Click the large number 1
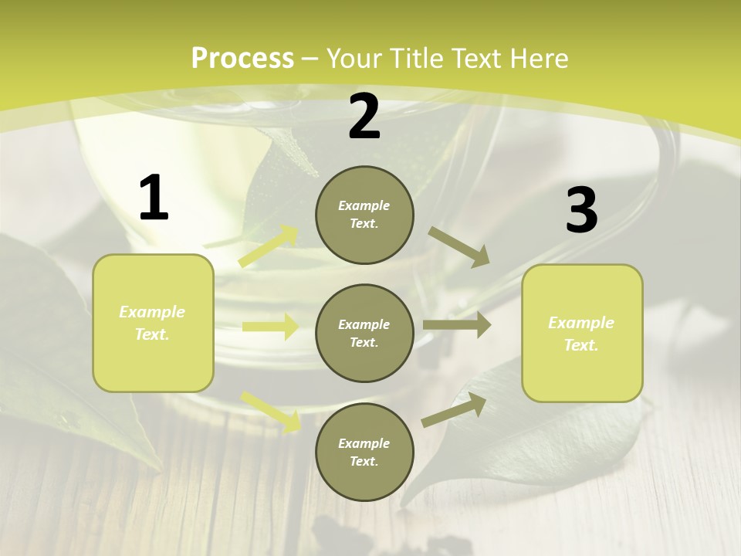point(154,198)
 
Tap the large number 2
point(364,117)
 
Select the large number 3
point(581,210)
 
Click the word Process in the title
point(242,58)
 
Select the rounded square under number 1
point(153,324)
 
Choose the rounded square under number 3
point(582,334)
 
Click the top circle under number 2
point(364,215)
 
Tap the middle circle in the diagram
point(364,333)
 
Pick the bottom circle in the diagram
point(364,452)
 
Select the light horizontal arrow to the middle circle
point(270,327)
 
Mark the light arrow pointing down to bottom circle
point(271,411)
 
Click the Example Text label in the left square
point(152,323)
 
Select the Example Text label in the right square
point(581,334)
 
